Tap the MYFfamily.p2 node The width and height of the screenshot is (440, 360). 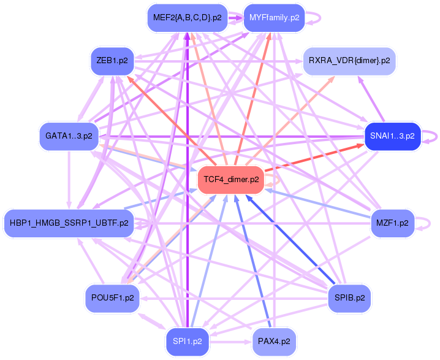point(274,17)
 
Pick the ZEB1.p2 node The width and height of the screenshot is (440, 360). point(112,61)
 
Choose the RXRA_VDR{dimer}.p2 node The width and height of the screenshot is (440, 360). point(348,61)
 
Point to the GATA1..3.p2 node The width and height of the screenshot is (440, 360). point(69,136)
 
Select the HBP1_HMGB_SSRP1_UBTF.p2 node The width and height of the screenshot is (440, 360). point(69,222)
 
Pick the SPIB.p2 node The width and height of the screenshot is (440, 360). point(350,297)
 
